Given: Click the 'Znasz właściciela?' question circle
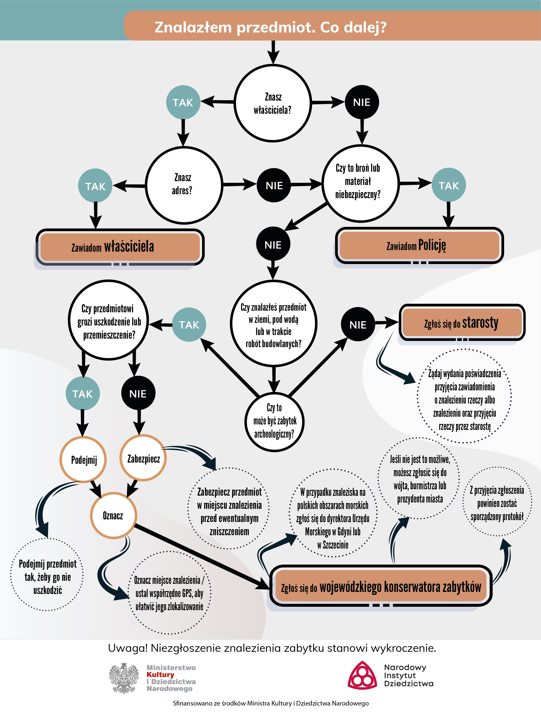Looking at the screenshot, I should (x=273, y=103).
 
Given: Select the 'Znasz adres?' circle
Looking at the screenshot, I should (x=184, y=185).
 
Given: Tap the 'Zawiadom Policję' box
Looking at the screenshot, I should (x=419, y=245).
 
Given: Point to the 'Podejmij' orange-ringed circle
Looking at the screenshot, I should (x=83, y=460).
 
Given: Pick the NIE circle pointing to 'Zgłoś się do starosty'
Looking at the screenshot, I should (x=358, y=324).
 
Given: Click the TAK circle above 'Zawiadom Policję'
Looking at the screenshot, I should (x=448, y=185).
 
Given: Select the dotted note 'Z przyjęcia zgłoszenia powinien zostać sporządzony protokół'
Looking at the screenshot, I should (x=497, y=503).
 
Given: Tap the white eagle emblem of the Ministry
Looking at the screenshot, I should (x=124, y=678).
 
